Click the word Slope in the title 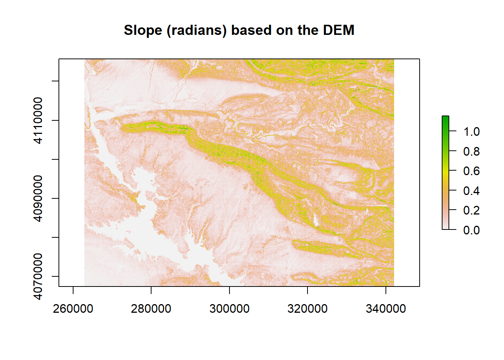tap(143, 30)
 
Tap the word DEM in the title tap(339, 30)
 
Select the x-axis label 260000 tap(73, 309)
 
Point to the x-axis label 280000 tap(151, 309)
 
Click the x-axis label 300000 tap(229, 309)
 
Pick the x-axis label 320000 tap(307, 309)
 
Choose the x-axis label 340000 tap(385, 309)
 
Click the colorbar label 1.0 tap(471, 132)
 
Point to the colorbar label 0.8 tap(471, 151)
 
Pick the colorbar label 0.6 tap(471, 171)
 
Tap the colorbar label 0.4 tap(471, 191)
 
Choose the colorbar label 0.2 tap(471, 210)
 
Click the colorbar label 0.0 tap(471, 230)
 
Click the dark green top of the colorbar tap(445, 119)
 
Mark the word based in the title tap(251, 30)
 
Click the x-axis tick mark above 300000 tap(229, 290)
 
